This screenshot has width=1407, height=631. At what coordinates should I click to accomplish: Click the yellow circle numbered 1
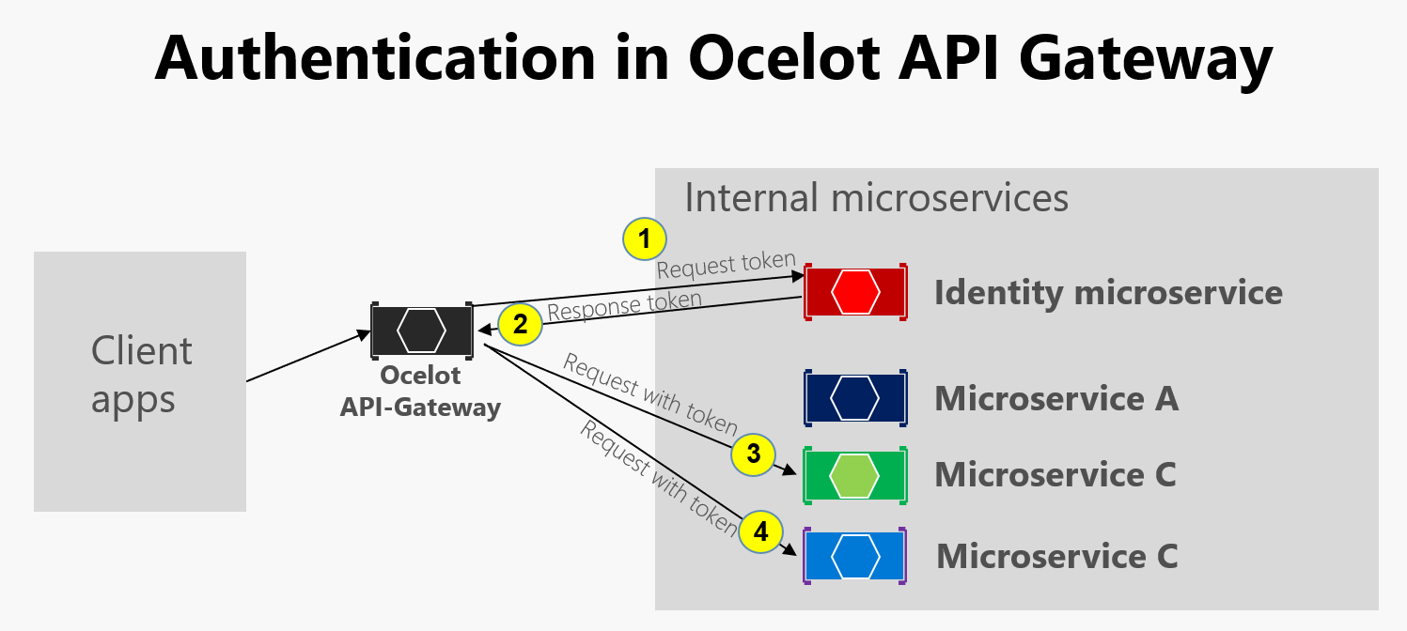click(644, 240)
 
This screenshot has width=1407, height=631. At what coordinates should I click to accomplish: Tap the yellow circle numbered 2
click(520, 326)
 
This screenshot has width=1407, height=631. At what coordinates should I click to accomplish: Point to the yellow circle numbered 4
click(760, 532)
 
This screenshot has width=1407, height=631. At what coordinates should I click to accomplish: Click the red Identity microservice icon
click(855, 293)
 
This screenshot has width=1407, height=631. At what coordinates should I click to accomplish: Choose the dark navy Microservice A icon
click(855, 398)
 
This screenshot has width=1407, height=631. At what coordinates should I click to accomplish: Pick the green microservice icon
click(855, 475)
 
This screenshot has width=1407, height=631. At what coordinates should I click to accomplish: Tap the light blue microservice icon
click(855, 556)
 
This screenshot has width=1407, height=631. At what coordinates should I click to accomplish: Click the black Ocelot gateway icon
click(421, 329)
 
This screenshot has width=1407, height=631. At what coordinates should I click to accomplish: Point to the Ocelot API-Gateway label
click(420, 392)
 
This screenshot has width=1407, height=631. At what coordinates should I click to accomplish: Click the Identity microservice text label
click(1108, 293)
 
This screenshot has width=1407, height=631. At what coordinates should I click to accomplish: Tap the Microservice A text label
click(1055, 399)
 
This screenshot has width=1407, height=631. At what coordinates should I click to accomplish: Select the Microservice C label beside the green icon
click(1055, 475)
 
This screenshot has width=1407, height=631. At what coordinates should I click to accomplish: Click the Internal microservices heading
click(876, 199)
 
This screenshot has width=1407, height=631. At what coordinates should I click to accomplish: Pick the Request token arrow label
click(727, 265)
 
